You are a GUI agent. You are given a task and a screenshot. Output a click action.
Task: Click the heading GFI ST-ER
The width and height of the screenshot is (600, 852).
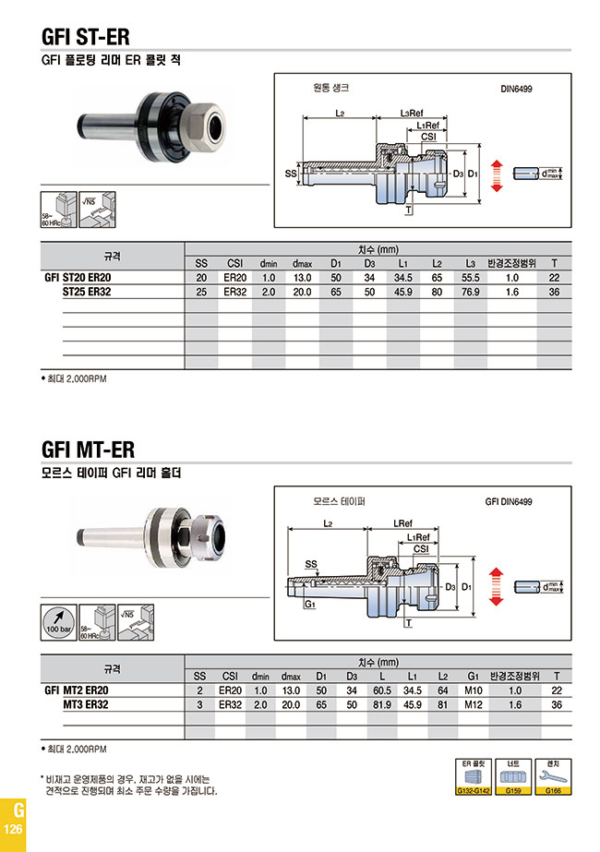point(85,37)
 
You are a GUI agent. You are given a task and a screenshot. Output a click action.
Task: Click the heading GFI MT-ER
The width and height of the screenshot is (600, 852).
point(88,450)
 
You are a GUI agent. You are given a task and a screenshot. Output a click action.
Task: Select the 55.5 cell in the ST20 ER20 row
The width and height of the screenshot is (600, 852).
point(470,278)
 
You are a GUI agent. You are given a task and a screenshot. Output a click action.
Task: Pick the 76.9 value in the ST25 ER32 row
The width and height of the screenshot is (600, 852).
point(470,292)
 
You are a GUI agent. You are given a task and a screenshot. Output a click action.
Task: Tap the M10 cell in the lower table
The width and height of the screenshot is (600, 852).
point(474,690)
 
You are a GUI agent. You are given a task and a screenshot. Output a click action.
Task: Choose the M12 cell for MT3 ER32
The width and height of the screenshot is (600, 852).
point(474,704)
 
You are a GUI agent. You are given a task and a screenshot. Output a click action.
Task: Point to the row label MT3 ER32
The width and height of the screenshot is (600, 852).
point(85,704)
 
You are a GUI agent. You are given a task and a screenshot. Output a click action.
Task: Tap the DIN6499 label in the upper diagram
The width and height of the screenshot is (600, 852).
point(515,90)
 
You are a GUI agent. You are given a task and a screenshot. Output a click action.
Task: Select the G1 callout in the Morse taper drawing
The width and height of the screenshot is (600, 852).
point(310,604)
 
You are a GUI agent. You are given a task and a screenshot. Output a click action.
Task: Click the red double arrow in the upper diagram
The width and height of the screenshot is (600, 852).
point(496,174)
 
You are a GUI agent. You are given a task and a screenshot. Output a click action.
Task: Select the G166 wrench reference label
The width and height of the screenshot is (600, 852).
point(553,791)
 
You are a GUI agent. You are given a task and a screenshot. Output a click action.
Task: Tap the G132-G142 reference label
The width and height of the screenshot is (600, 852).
point(471,791)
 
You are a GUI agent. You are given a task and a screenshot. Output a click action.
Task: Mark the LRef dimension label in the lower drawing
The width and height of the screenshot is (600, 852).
point(402,523)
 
